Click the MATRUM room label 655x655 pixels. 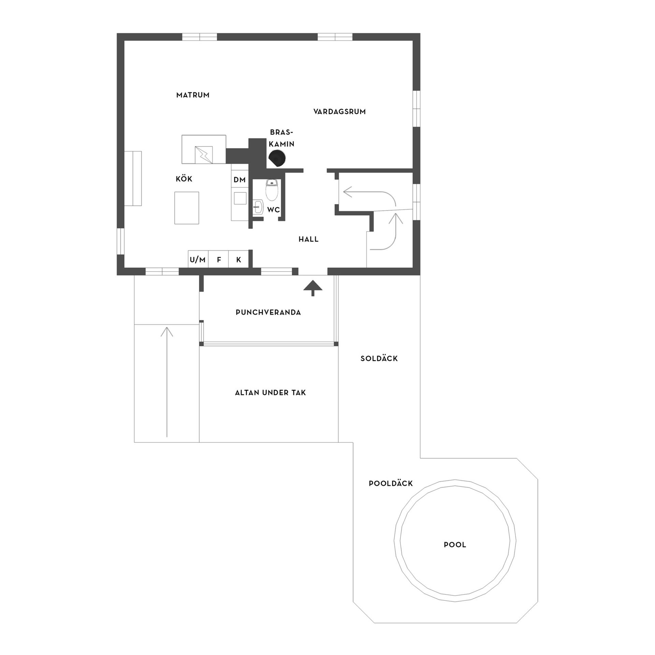click(193, 95)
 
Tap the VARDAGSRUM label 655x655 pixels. click(339, 112)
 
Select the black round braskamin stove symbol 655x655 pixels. click(277, 158)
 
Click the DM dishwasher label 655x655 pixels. click(239, 180)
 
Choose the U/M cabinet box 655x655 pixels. click(198, 260)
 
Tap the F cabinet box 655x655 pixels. click(219, 260)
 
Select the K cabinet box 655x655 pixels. click(239, 260)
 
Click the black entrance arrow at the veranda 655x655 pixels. click(313, 287)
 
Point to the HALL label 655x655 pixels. click(308, 239)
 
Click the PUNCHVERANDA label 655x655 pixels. click(268, 312)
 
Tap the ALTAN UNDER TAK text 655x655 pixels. click(270, 393)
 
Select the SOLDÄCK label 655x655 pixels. click(379, 359)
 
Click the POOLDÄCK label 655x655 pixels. click(391, 483)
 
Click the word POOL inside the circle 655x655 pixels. click(455, 545)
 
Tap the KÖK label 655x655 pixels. click(184, 179)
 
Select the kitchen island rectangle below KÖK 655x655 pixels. click(187, 208)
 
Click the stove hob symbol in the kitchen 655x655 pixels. click(204, 155)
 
